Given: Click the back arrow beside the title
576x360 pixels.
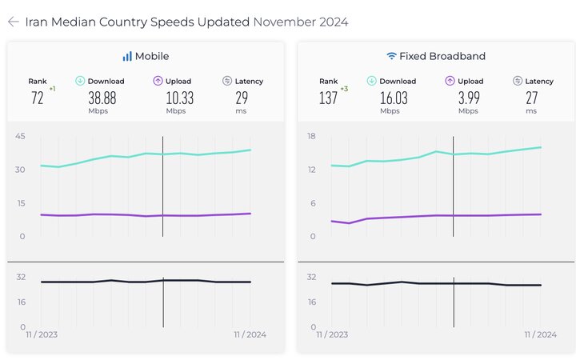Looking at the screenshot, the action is click(x=14, y=22).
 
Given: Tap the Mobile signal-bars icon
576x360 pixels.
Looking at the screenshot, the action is click(x=127, y=56).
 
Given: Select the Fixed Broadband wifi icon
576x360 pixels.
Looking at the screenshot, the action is click(x=391, y=56).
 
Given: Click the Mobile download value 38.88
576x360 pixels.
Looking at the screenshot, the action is click(x=102, y=98).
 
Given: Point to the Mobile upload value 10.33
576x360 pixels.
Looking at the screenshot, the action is click(x=180, y=98).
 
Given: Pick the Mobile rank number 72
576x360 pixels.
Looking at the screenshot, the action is click(x=37, y=98).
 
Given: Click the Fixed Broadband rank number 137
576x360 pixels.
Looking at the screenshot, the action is click(x=328, y=98).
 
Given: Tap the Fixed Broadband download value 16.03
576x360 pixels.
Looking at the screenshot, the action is click(x=394, y=98).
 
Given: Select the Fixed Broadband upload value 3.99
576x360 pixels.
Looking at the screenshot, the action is click(x=469, y=98).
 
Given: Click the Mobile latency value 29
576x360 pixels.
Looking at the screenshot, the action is click(x=242, y=98).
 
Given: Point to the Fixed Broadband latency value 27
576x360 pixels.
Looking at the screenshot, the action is click(x=531, y=98).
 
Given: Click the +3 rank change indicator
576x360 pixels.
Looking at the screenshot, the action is click(x=344, y=89).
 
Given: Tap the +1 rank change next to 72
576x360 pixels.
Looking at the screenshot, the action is click(x=53, y=89).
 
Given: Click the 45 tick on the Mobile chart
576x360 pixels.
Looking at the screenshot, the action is click(x=20, y=136).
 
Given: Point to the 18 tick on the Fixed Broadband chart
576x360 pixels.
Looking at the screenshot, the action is click(x=311, y=136).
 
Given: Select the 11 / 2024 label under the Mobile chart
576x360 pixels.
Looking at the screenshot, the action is click(x=250, y=334).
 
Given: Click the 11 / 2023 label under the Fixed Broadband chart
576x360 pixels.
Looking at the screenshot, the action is click(x=332, y=334).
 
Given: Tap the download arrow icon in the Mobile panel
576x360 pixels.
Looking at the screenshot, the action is click(x=80, y=81).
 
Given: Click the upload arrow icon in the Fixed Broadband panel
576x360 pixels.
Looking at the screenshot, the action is click(x=450, y=81).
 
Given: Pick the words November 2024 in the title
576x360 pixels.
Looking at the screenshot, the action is click(x=301, y=22).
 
